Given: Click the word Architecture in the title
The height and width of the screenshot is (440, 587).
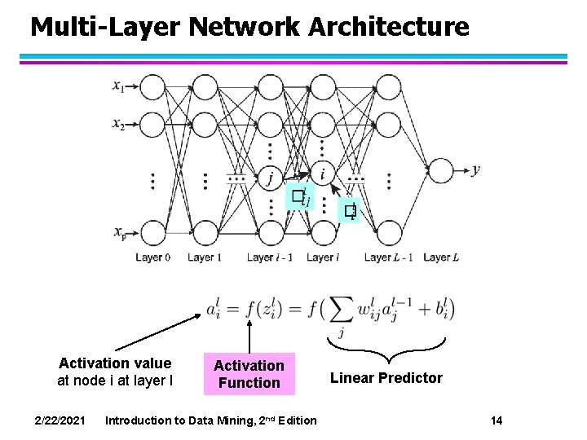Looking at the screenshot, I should [389, 27].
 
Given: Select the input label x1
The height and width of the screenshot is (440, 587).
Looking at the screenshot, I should [119, 86].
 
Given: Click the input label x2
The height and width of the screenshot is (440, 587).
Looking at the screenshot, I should [119, 124].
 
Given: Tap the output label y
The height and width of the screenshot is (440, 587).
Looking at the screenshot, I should [476, 169].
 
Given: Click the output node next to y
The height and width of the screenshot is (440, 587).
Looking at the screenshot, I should [440, 170].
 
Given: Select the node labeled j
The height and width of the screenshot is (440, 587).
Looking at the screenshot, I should [270, 175].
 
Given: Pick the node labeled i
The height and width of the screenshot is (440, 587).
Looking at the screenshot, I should [324, 174].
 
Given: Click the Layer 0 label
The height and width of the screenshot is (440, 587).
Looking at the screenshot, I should [152, 257].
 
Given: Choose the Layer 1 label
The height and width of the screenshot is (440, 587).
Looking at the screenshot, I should [205, 257].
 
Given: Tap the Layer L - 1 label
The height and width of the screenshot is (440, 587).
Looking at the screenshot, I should [388, 257].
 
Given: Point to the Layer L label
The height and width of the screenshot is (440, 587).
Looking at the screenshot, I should [442, 257].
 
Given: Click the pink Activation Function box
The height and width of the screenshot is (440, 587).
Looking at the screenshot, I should [249, 374].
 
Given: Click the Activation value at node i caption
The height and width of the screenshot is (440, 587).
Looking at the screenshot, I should [115, 372].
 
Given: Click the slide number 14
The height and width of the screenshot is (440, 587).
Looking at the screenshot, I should [497, 420].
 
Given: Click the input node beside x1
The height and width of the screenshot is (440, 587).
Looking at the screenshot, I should [152, 86].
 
